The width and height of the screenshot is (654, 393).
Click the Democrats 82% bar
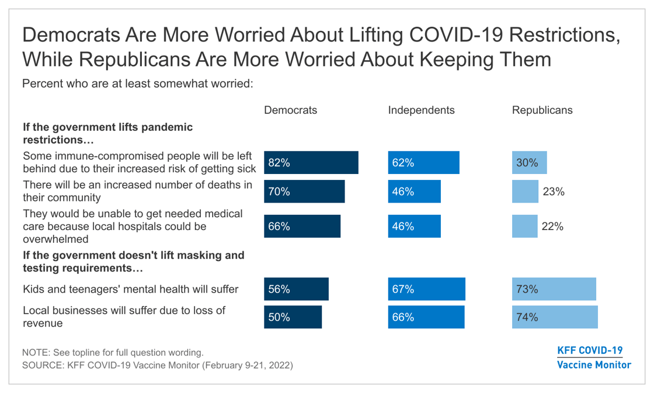click(311, 163)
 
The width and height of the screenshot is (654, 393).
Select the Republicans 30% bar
click(529, 163)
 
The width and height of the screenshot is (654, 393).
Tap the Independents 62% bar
click(423, 163)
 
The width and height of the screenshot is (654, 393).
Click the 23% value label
click(554, 192)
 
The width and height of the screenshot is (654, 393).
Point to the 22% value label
click(552, 227)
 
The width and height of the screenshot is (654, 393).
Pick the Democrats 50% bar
click(293, 317)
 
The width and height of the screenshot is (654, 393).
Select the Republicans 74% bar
click(555, 317)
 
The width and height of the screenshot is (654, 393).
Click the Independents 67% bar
click(426, 289)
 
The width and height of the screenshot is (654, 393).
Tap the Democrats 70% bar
click(304, 192)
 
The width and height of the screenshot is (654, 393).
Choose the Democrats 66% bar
click(302, 227)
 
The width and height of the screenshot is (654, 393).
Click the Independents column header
click(421, 110)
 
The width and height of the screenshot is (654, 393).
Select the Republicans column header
click(542, 110)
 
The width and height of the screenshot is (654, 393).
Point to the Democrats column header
click(290, 110)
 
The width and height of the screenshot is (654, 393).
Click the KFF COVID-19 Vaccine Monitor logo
click(593, 357)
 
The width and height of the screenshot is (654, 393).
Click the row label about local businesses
click(124, 317)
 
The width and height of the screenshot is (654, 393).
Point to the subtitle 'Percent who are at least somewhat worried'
click(137, 84)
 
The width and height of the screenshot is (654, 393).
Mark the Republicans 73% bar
click(554, 289)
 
